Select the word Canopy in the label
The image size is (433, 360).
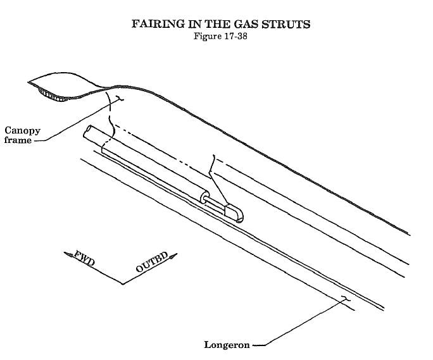click(22, 131)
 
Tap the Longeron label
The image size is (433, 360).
click(227, 345)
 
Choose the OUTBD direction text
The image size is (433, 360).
click(152, 263)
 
